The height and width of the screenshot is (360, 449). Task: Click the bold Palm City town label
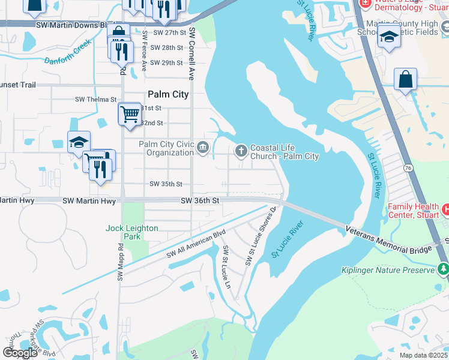(x=168, y=94)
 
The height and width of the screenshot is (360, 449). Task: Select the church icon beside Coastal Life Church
(x=241, y=151)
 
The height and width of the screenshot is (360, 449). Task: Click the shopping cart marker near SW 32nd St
(x=130, y=113)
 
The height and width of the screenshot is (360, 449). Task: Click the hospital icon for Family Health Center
(x=444, y=209)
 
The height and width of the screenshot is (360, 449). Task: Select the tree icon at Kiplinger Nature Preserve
(x=443, y=270)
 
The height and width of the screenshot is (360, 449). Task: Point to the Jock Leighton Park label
(x=132, y=232)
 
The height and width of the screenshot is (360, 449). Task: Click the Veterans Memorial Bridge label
(x=389, y=238)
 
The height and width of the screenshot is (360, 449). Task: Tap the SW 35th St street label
(x=166, y=184)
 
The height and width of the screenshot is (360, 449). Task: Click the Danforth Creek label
(x=67, y=52)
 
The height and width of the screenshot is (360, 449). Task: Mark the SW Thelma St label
(x=95, y=99)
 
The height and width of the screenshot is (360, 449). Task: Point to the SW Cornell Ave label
(x=192, y=53)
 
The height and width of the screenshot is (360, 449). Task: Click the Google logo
(x=20, y=353)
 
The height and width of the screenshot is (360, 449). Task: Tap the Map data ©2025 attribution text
(x=423, y=355)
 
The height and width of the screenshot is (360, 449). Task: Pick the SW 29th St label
(x=166, y=62)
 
